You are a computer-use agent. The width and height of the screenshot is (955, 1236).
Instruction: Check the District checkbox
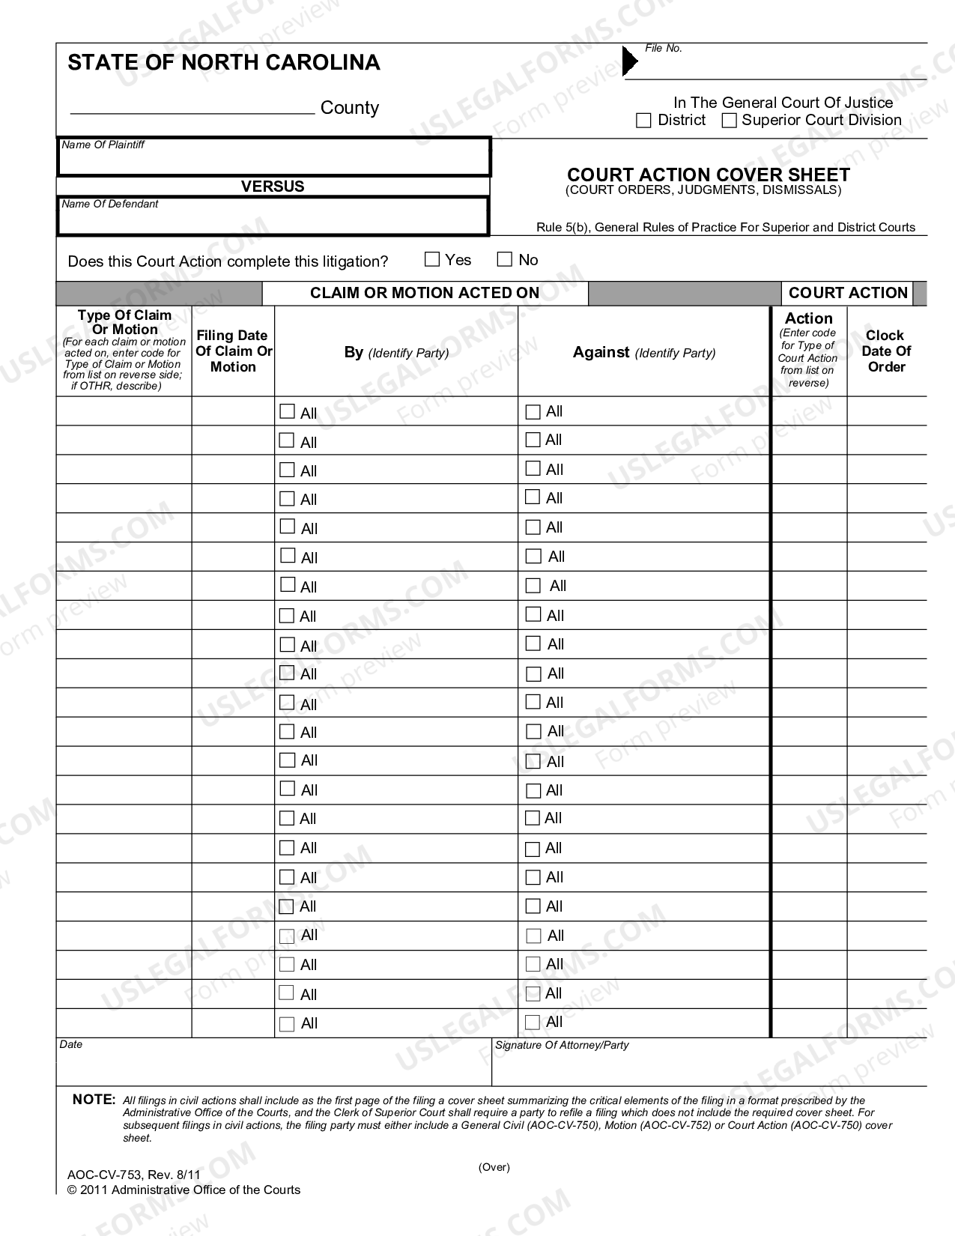pos(643,121)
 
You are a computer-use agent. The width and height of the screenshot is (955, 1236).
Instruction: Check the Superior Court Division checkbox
pos(729,121)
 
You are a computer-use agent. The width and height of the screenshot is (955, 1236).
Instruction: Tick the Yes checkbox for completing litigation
pos(432,260)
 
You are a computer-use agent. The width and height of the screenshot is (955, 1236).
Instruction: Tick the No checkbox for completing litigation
pos(505,260)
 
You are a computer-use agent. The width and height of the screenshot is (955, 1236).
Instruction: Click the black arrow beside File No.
pos(630,62)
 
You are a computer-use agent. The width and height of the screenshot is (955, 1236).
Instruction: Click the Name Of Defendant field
pos(273,219)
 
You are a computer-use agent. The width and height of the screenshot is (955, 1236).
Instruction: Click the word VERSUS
pos(273,187)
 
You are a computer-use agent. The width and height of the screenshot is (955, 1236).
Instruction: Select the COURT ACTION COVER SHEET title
pos(709,175)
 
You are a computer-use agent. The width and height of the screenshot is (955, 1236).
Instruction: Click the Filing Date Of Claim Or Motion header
pos(233,351)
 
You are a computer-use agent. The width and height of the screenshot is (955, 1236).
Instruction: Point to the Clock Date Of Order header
pos(886,351)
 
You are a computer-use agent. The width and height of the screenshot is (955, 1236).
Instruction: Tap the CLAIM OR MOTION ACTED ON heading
pos(425,294)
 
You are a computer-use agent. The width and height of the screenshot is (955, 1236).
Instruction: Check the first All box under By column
pos(287,411)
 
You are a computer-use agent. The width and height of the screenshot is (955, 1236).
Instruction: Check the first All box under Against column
pos(533,411)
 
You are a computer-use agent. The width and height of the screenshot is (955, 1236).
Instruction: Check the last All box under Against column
pos(533,1022)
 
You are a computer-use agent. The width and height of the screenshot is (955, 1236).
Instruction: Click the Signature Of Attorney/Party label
pos(562,1045)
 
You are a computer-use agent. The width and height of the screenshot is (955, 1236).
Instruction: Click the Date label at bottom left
pos(71,1045)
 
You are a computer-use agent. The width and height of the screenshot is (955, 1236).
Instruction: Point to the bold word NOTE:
pos(94,1100)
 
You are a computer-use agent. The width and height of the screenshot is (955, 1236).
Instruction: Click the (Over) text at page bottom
pos(494,1167)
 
